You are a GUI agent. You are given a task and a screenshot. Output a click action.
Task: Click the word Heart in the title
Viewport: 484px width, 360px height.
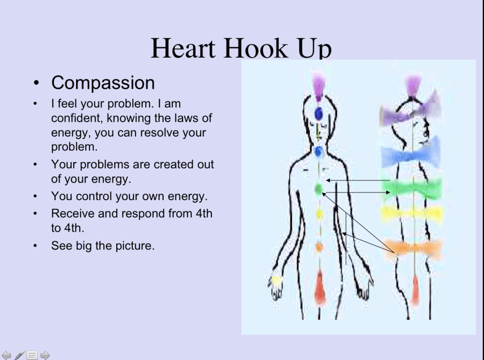pos(183,48)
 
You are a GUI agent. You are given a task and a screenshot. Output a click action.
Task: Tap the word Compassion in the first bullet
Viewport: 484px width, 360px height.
pos(103,83)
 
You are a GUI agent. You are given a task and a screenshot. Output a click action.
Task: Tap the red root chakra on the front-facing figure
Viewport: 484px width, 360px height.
pos(320,289)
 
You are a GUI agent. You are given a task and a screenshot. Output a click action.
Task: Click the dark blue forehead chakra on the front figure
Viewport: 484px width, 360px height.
pos(319,114)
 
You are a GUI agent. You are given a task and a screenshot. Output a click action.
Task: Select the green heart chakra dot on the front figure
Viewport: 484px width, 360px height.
pos(319,188)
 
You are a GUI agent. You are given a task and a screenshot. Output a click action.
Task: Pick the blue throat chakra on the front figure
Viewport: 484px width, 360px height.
pos(318,152)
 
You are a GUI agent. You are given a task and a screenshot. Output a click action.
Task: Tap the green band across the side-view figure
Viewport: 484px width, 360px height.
pos(412,188)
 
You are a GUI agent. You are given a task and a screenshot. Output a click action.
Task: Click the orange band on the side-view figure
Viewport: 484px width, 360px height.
pos(413,248)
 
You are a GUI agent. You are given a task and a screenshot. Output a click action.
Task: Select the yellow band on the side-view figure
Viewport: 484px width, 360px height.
pos(412,214)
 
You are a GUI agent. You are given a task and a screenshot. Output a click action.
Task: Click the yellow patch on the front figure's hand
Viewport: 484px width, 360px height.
pos(275,281)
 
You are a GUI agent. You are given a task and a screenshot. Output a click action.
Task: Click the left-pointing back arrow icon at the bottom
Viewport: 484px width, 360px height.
pos(6,355)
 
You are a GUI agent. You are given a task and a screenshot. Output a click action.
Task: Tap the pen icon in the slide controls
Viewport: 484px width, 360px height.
pos(19,355)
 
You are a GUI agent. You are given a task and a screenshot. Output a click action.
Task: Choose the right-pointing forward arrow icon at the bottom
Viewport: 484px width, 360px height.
pos(45,355)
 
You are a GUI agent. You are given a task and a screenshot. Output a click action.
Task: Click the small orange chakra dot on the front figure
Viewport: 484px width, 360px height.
pos(319,247)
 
